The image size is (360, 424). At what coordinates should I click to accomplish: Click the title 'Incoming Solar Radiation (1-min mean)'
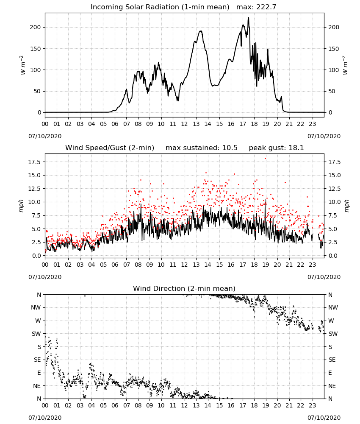pos(160,7)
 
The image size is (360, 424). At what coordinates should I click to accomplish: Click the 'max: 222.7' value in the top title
pos(256,7)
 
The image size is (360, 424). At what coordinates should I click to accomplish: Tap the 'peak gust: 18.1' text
pos(276,148)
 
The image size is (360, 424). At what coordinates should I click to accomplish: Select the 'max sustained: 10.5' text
pos(202,148)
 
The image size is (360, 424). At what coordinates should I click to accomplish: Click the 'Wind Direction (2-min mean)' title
pos(184,288)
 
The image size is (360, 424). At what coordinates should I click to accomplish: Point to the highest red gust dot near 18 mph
pos(266,159)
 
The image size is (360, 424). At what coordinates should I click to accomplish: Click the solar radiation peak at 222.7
pos(249,18)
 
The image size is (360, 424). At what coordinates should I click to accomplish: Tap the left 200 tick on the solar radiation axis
pos(36,27)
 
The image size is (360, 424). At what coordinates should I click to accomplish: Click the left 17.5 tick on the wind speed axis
pos(35,162)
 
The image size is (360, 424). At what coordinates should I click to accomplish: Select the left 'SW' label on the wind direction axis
pos(36,334)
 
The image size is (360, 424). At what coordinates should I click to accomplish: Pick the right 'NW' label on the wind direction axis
pos(333,307)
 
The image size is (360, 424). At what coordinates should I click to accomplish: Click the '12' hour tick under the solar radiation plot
pos(185,124)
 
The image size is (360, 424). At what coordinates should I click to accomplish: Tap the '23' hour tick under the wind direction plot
pos(312,405)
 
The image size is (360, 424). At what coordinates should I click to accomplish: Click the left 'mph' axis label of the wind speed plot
pos(21,206)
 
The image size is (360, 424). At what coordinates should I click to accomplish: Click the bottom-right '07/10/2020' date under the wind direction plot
pos(324,418)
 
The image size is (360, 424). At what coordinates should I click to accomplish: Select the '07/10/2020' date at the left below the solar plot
pos(45,136)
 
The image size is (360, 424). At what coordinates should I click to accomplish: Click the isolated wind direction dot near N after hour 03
pos(85,296)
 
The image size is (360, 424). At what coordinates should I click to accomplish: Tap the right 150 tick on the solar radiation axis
pos(334,49)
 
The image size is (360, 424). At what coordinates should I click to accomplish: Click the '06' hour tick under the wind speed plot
pos(115,265)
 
